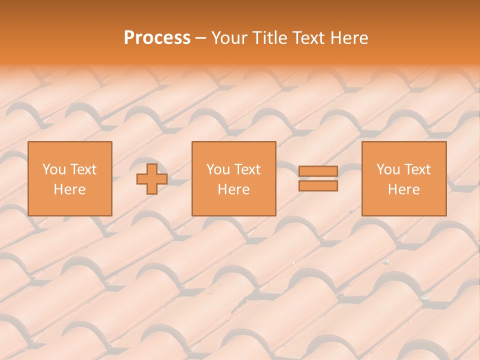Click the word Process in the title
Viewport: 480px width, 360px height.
click(x=157, y=38)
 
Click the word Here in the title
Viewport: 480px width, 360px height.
click(x=349, y=38)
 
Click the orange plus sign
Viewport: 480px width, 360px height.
click(x=152, y=179)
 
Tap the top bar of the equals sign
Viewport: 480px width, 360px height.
click(x=318, y=171)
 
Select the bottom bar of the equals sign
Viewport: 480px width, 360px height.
click(x=318, y=186)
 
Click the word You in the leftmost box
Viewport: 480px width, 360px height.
click(x=53, y=169)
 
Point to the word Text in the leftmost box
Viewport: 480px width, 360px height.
click(x=82, y=169)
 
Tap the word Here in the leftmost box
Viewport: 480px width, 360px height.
click(x=70, y=189)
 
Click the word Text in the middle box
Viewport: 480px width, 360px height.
click(x=247, y=169)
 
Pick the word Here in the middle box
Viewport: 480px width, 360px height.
click(x=234, y=189)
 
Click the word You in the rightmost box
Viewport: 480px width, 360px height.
click(x=388, y=169)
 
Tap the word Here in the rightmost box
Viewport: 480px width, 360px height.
click(x=404, y=189)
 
